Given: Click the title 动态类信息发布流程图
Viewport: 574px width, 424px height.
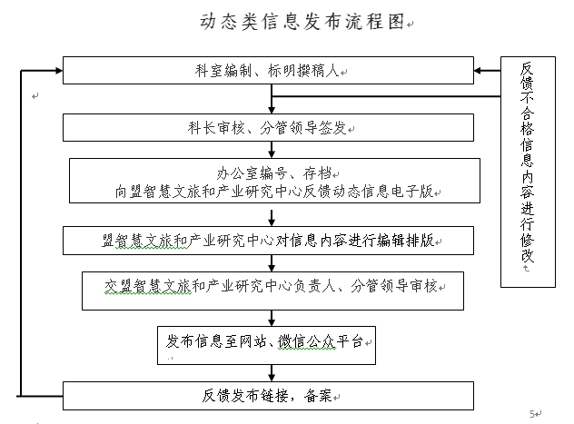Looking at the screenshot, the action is pyautogui.click(x=302, y=22).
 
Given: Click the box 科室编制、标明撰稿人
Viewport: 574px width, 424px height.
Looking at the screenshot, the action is pyautogui.click(x=268, y=70).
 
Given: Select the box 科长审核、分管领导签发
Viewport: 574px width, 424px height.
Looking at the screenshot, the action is pyautogui.click(x=268, y=127).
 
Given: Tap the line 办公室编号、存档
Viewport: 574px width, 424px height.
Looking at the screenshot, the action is pyautogui.click(x=273, y=173).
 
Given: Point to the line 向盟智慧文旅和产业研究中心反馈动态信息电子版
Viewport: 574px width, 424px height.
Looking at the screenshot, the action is pyautogui.click(x=274, y=192).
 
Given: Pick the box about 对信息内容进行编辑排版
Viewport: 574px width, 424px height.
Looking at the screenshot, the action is pyautogui.click(x=268, y=241).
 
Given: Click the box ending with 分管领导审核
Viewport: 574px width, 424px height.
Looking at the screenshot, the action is pyautogui.click(x=272, y=291).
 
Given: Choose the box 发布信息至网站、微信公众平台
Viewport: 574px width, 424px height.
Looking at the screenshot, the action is pyautogui.click(x=266, y=345).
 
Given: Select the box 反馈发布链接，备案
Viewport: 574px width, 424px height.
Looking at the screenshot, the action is pyautogui.click(x=268, y=396).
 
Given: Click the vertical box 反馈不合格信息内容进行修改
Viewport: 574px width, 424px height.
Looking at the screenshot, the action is pyautogui.click(x=528, y=172).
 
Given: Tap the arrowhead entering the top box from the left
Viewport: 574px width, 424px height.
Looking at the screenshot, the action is pyautogui.click(x=59, y=70).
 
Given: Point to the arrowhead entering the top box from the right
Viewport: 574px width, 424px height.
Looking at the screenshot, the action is pyautogui.click(x=478, y=70).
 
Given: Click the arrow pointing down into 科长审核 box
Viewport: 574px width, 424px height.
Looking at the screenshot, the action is pyautogui.click(x=272, y=99).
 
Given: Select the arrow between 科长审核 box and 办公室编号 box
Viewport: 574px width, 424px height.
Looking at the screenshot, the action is pyautogui.click(x=272, y=150).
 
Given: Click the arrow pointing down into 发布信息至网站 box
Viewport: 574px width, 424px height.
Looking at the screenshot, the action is pyautogui.click(x=272, y=319).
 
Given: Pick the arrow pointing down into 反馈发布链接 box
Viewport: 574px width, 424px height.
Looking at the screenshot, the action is pyautogui.click(x=272, y=373).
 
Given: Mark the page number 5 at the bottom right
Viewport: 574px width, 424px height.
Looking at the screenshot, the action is pyautogui.click(x=532, y=414).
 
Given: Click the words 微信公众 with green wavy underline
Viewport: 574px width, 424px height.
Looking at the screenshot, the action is pyautogui.click(x=306, y=341).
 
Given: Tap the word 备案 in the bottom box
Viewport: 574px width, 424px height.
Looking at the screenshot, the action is pyautogui.click(x=318, y=396).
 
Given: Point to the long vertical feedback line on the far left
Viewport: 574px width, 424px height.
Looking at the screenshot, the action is pyautogui.click(x=21, y=233).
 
